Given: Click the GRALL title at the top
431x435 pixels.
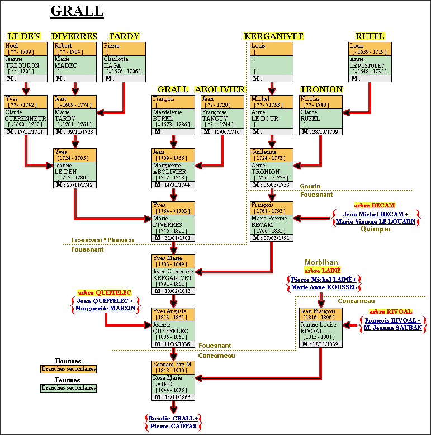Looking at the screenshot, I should click(x=77, y=11).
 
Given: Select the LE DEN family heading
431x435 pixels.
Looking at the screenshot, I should click(x=23, y=36).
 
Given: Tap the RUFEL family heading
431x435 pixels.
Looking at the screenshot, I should click(x=370, y=36).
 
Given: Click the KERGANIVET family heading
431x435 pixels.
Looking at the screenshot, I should click(x=273, y=36).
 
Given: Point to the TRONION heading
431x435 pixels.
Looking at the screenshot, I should click(x=321, y=89).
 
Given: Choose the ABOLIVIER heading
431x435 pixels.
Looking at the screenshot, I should click(x=220, y=89).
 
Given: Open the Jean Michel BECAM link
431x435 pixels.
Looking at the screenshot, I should click(x=376, y=214).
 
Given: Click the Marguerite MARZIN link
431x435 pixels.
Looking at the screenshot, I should click(x=105, y=309).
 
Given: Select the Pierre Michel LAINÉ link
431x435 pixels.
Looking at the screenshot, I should click(x=323, y=280).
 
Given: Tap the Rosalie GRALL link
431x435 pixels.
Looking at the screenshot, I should click(x=173, y=418).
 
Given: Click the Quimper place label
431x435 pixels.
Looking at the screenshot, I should click(x=376, y=229).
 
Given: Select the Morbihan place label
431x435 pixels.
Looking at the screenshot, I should click(x=321, y=263).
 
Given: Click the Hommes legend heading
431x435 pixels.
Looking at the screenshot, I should click(x=68, y=361).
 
